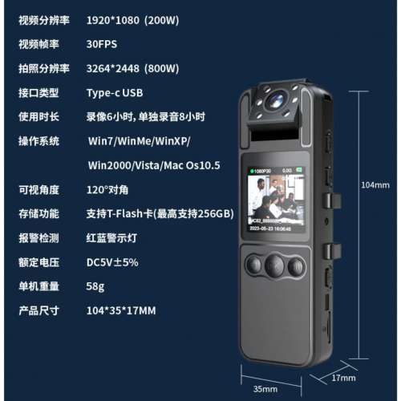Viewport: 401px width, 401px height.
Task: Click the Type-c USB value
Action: (x=115, y=92)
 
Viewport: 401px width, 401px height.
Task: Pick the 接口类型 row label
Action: (x=38, y=92)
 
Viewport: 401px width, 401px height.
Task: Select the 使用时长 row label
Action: (x=38, y=117)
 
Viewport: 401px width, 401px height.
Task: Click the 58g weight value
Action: (x=95, y=286)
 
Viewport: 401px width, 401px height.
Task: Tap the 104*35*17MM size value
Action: (x=121, y=310)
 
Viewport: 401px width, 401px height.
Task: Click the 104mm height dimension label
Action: (x=375, y=185)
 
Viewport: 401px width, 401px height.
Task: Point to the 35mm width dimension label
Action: (x=265, y=389)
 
